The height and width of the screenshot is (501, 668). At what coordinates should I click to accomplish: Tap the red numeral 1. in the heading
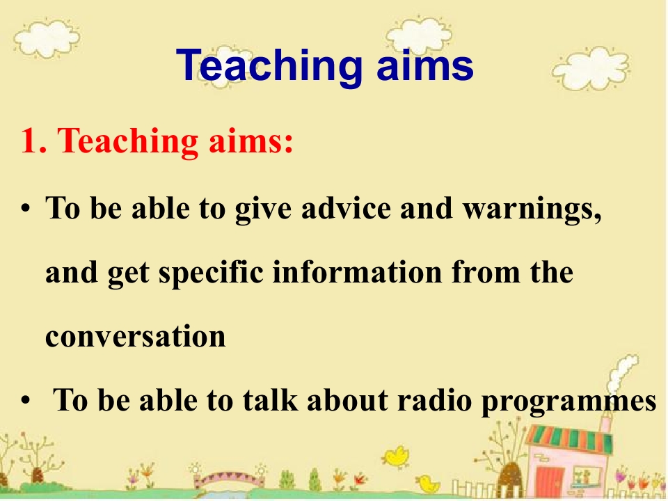(33, 141)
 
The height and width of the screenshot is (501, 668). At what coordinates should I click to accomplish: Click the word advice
(346, 208)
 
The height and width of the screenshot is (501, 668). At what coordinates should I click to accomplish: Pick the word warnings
(532, 210)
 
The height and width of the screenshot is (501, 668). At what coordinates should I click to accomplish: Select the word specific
(211, 273)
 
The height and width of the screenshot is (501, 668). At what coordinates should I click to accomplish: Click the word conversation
(136, 336)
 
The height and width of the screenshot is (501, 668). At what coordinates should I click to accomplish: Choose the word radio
(434, 400)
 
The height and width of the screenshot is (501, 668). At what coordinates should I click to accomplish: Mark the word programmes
(568, 402)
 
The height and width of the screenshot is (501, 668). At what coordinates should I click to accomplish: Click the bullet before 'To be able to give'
(26, 208)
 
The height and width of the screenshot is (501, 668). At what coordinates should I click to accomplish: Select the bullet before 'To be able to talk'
(26, 401)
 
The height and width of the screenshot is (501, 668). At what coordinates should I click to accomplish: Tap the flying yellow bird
(396, 456)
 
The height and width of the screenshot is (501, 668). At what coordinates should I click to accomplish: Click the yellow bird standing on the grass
(427, 483)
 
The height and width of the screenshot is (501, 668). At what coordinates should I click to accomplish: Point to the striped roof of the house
(570, 438)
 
